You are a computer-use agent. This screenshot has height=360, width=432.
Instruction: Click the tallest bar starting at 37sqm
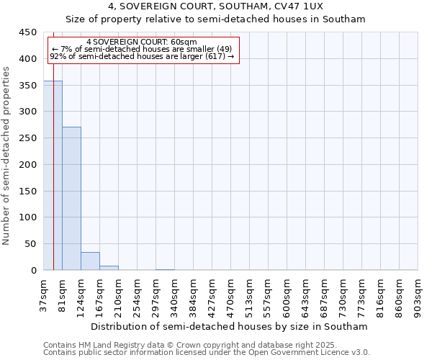pos(53,176)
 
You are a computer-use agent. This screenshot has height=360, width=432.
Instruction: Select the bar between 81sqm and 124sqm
pos(71,199)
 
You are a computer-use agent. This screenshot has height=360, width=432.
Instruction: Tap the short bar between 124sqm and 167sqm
pos(90,261)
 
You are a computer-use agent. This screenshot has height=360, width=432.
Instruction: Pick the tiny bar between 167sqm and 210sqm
pos(109,268)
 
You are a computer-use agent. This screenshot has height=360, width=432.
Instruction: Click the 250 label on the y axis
pos(28,138)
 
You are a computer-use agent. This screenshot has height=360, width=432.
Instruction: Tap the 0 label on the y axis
pos(34,271)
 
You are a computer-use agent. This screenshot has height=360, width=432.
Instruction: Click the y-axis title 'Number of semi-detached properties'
pos(6,156)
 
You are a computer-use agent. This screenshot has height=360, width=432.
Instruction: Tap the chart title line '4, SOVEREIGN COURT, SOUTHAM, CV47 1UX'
pos(216,6)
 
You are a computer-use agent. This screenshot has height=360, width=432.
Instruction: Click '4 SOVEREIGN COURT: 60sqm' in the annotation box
pos(141,42)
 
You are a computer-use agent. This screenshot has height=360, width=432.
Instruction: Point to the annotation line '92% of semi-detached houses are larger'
pos(141,56)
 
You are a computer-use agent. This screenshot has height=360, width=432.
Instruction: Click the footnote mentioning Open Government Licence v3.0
pos(207,353)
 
